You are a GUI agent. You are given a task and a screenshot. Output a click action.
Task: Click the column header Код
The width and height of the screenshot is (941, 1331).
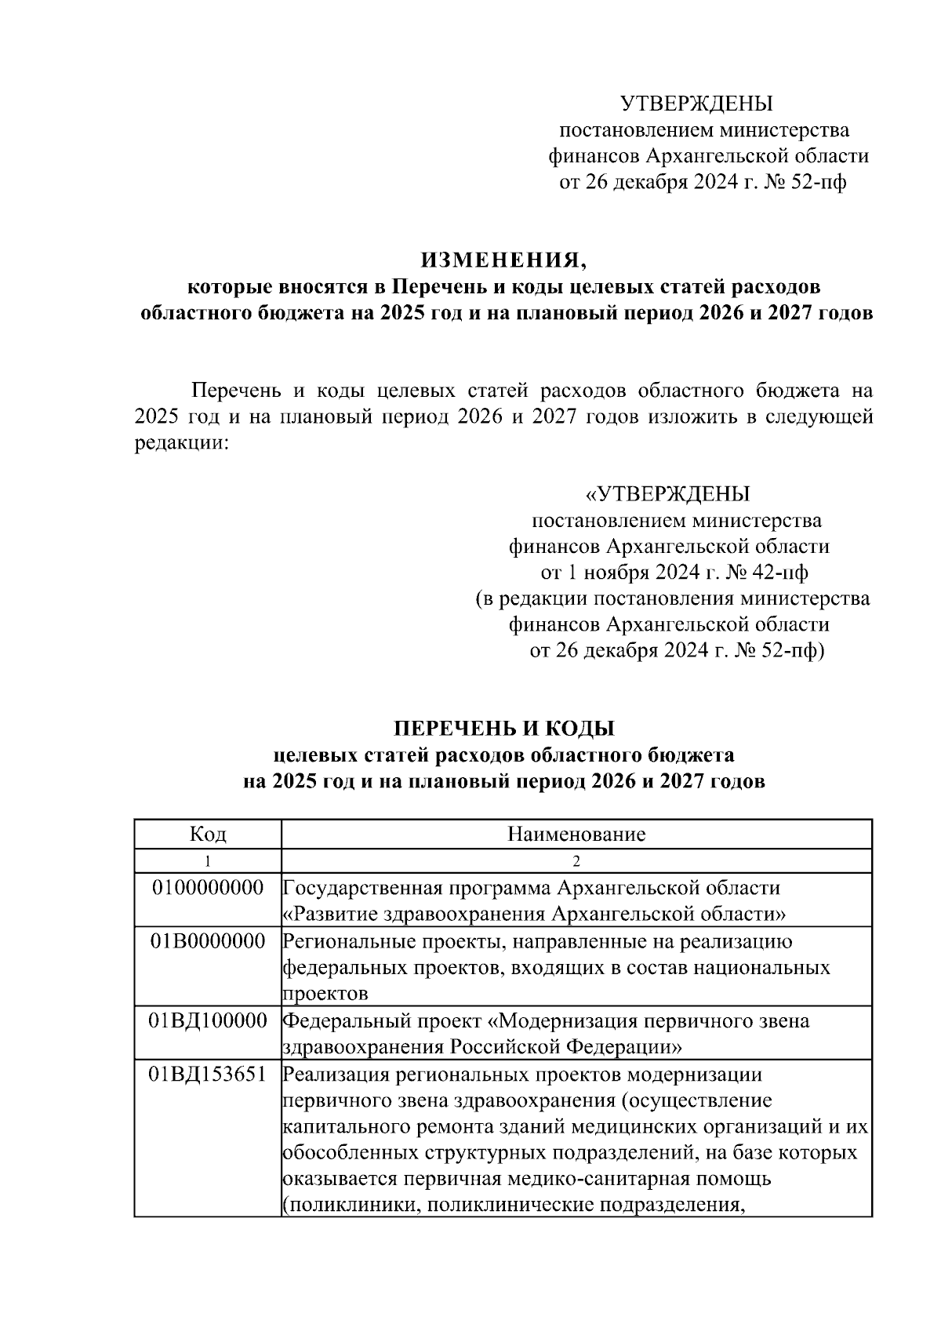click(x=208, y=834)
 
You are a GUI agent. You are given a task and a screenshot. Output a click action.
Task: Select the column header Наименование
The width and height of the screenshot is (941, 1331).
click(x=576, y=834)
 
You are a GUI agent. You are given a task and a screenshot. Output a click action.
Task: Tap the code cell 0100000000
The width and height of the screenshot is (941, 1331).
click(x=208, y=888)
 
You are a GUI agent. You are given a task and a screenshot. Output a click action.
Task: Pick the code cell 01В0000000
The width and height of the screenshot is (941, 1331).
click(x=208, y=941)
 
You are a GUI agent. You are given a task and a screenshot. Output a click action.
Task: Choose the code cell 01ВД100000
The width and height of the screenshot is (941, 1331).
click(x=208, y=1021)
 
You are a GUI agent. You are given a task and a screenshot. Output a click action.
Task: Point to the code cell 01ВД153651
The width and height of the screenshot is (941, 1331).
click(x=208, y=1075)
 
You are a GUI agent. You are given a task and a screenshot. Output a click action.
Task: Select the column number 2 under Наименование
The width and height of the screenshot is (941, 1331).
click(x=576, y=861)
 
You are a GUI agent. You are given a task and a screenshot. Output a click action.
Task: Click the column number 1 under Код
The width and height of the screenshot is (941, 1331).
click(x=208, y=861)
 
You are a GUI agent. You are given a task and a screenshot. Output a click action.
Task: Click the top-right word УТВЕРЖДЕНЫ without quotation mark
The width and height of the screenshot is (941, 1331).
click(x=697, y=104)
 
